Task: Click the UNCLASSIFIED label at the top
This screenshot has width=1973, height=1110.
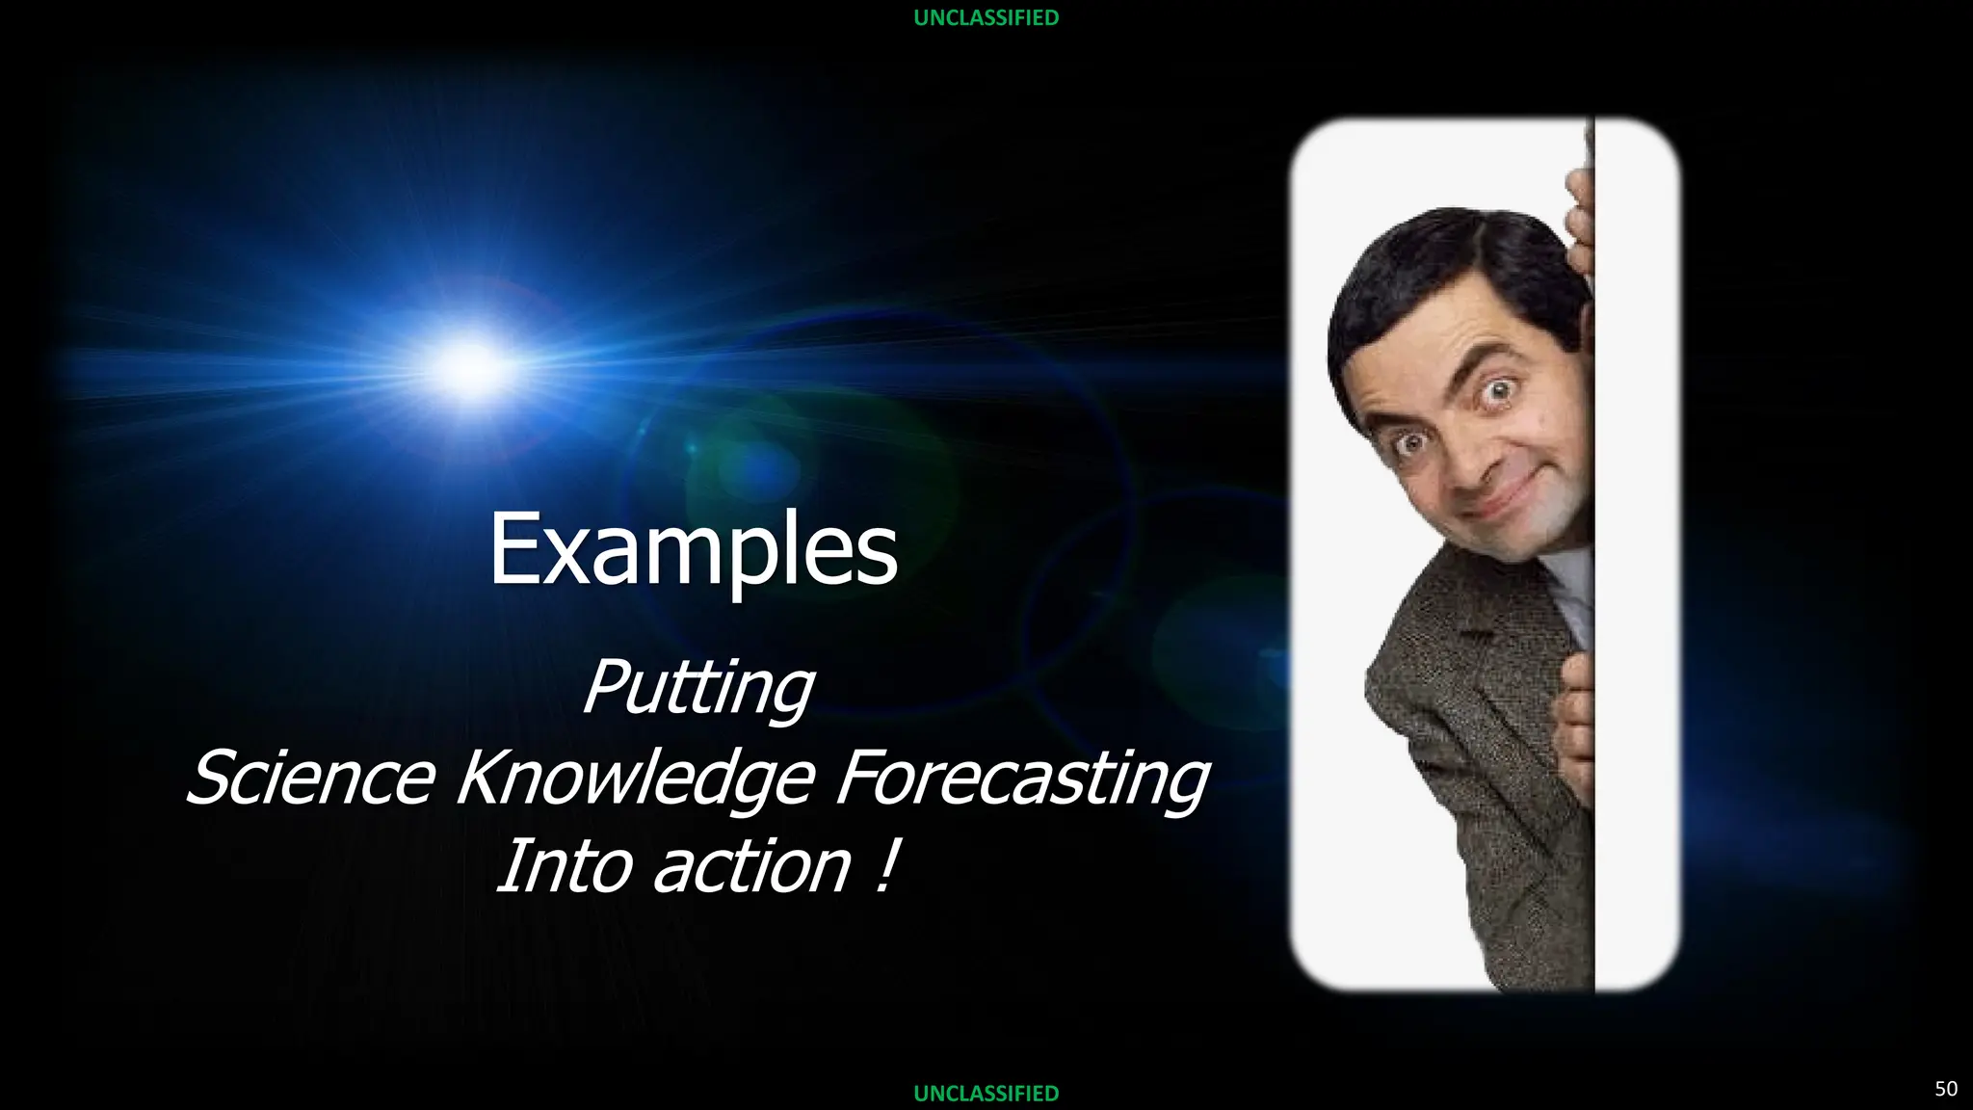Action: [986, 17]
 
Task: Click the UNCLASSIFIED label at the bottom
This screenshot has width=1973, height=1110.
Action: [986, 1093]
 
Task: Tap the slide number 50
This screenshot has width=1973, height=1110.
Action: [1945, 1088]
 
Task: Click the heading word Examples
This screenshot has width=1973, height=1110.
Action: [693, 549]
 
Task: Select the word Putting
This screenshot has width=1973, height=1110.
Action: [698, 688]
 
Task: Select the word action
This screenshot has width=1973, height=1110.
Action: [751, 864]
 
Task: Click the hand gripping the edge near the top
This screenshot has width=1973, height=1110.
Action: [1578, 222]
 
